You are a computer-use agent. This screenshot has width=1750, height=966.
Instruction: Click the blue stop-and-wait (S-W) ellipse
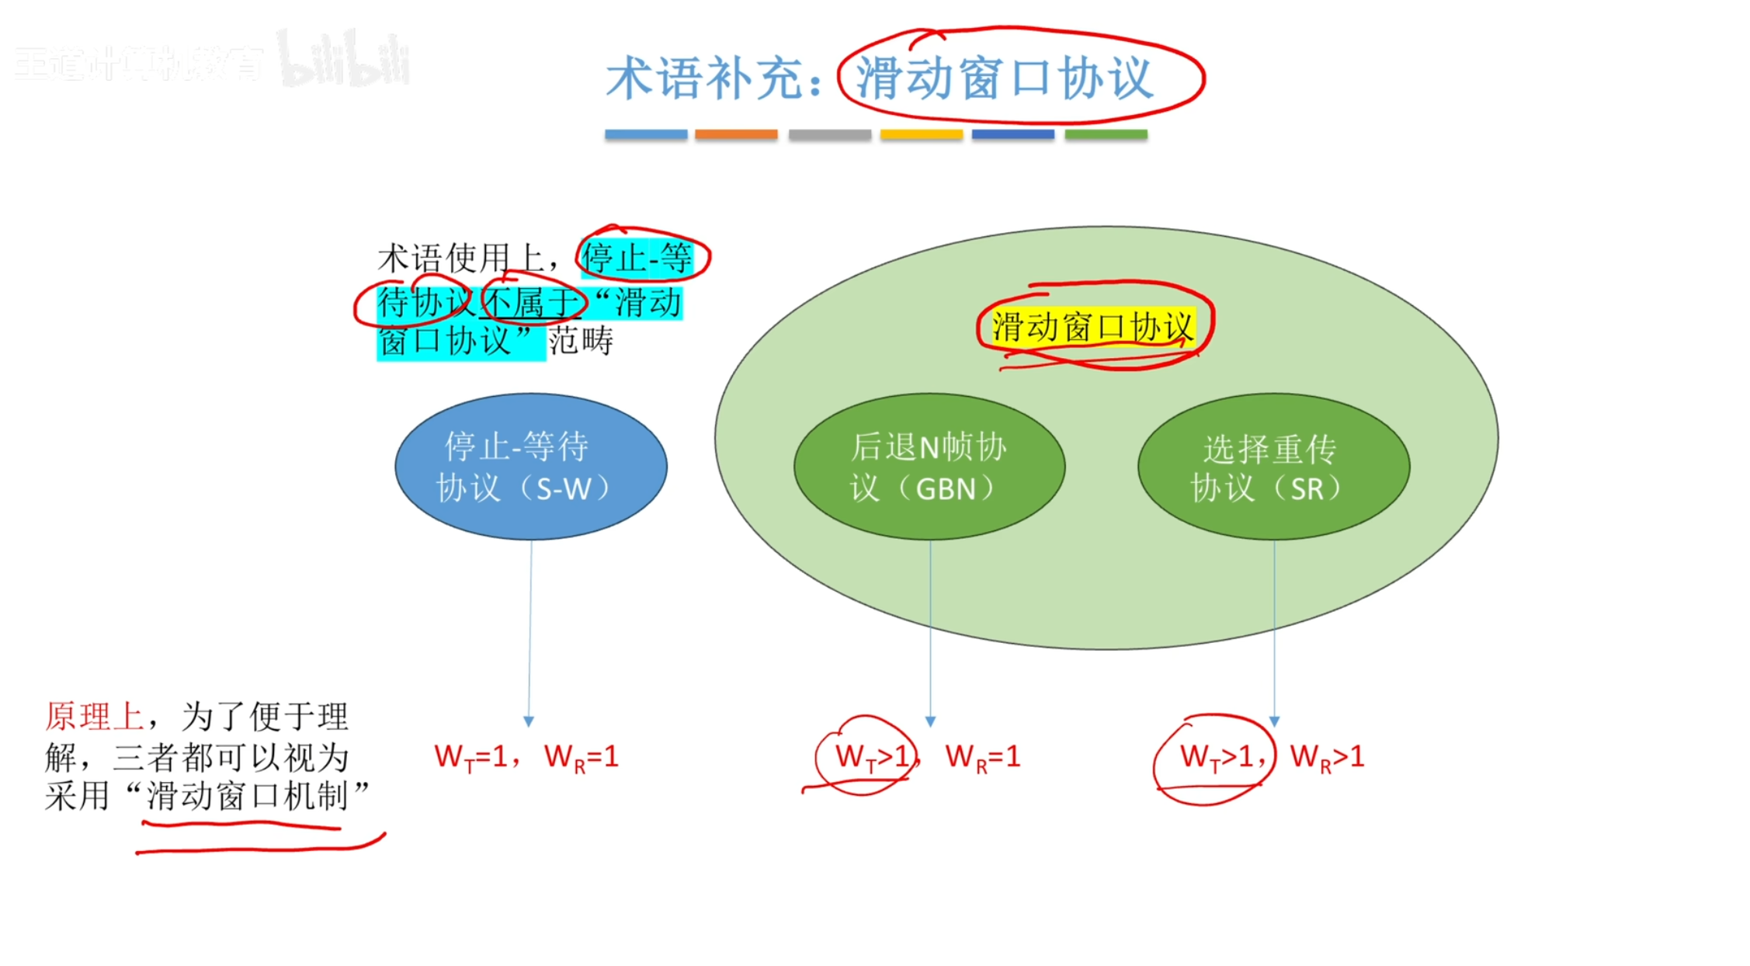coord(531,466)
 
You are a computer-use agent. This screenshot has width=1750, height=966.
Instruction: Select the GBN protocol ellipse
coord(929,466)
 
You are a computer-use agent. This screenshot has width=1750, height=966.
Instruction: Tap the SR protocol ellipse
coord(1273,466)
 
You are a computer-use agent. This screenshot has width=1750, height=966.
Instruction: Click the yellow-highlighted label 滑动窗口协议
coord(1092,327)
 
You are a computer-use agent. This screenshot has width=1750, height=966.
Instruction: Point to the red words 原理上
coord(94,716)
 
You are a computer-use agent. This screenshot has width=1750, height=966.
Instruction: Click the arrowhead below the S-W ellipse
coord(529,721)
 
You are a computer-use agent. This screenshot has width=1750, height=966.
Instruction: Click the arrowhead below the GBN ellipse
coord(930,721)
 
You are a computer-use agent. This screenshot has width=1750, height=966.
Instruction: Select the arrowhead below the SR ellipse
coord(1274,721)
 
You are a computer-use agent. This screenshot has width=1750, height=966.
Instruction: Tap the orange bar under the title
coord(736,134)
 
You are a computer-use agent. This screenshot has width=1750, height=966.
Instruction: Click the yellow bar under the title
coord(922,134)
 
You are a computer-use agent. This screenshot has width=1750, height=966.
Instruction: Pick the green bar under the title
coord(1106,134)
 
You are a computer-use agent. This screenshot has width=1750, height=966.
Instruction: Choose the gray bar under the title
coord(829,134)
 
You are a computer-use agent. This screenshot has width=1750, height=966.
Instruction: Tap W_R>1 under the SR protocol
coord(1327,756)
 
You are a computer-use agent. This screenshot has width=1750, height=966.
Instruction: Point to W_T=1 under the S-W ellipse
coord(470,756)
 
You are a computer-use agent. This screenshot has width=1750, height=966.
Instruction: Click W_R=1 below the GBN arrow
coord(982,756)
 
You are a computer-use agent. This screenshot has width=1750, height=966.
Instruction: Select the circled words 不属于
coord(531,302)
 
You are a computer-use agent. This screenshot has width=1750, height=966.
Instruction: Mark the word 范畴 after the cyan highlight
coord(581,341)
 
